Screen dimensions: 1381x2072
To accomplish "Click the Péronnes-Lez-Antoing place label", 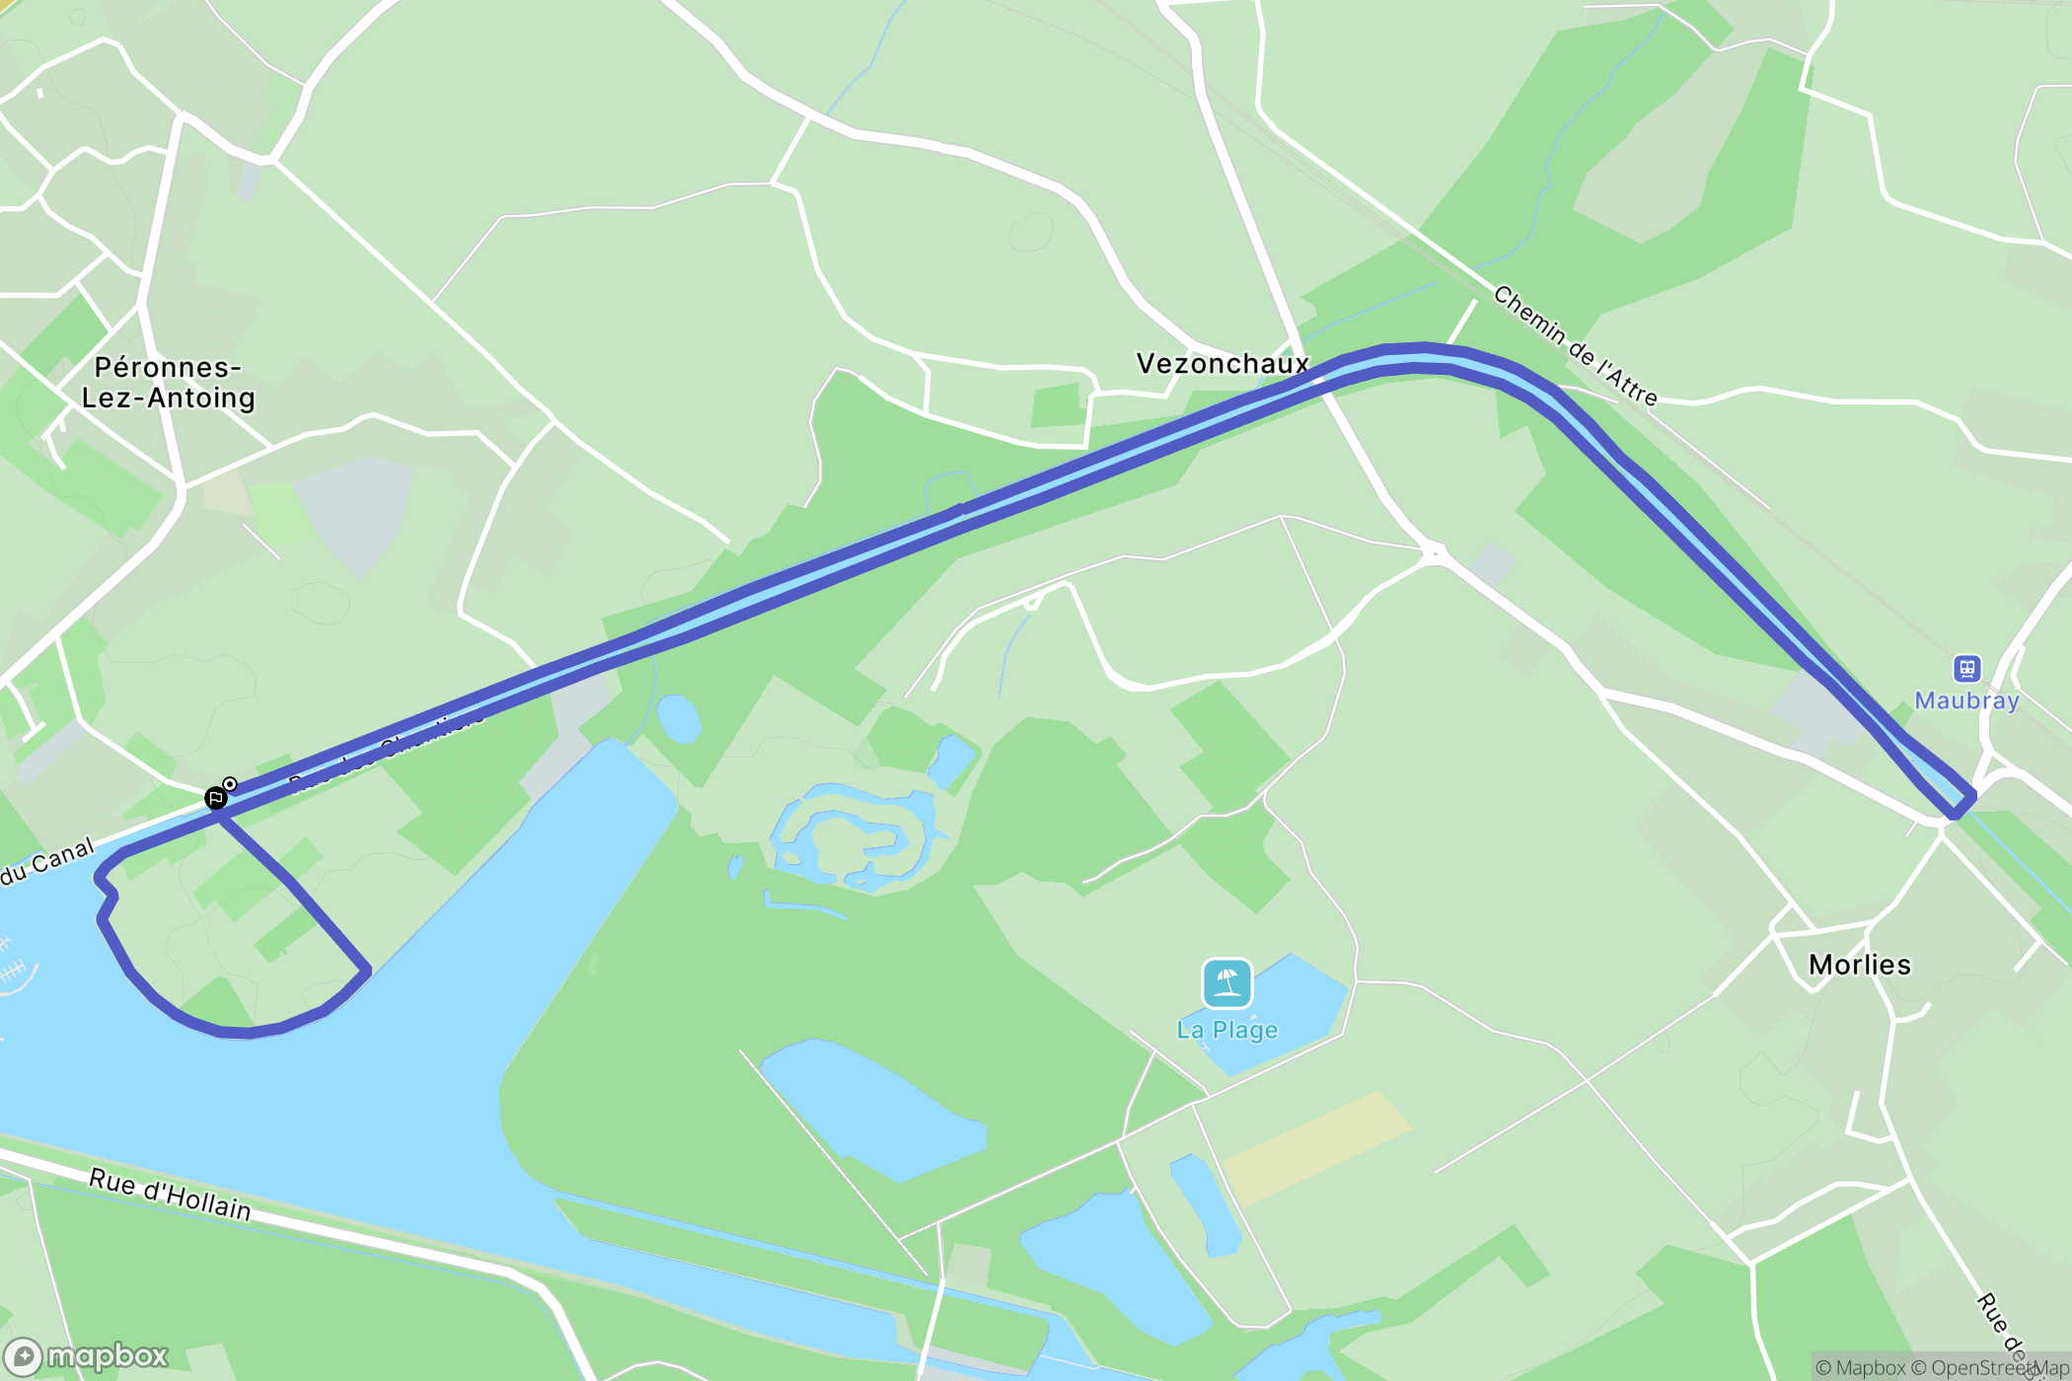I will click(168, 383).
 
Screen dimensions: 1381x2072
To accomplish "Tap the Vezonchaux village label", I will click(1221, 364).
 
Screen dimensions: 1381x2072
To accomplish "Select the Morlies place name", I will click(1859, 965).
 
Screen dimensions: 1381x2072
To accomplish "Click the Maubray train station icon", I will click(1966, 669).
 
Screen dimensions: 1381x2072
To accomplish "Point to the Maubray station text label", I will click(1966, 701).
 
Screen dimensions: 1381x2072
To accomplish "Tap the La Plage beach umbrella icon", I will click(1226, 982).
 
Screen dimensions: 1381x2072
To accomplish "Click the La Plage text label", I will click(1226, 1031).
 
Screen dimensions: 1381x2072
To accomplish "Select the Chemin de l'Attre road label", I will click(1575, 346).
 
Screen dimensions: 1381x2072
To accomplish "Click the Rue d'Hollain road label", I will click(170, 1195).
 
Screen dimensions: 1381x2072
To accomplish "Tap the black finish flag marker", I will click(215, 798).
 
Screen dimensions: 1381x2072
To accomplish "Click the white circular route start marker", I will click(230, 784).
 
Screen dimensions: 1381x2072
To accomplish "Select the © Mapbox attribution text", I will click(1861, 1368).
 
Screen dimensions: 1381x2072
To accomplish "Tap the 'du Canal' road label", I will click(47, 861).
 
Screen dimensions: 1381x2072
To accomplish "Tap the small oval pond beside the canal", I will click(678, 718).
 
